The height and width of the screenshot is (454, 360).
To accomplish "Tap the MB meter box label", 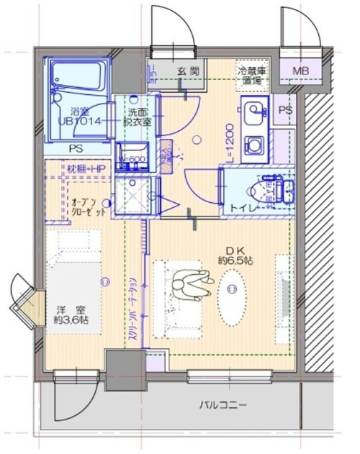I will tap(301, 70).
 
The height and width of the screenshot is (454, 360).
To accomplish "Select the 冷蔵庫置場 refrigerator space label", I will tap(252, 76).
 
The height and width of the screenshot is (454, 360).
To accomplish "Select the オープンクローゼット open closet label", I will tap(89, 208).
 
